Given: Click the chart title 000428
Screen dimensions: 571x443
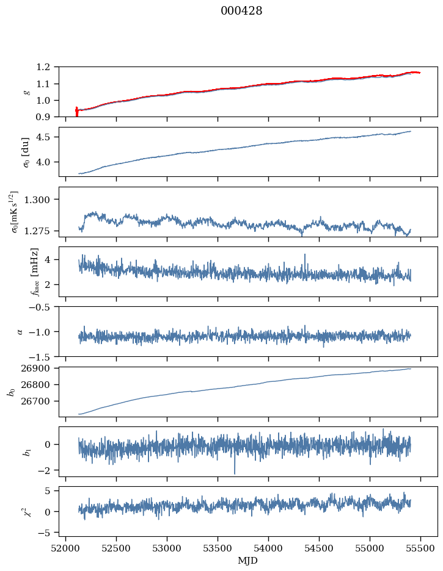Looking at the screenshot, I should (241, 11).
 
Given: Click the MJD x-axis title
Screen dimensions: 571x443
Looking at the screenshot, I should (248, 560).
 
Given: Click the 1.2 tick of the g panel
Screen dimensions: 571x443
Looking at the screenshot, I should (48, 67).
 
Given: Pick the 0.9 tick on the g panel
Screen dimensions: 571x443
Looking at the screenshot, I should (48, 117).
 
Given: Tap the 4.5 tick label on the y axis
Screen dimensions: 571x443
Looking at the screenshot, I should (48, 137).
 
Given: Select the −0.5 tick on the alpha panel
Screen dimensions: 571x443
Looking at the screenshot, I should (43, 307).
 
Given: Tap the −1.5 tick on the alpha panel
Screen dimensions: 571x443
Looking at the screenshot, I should (43, 356).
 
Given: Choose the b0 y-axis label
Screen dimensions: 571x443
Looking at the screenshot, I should (11, 391).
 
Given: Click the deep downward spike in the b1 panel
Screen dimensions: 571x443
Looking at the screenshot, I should (235, 473).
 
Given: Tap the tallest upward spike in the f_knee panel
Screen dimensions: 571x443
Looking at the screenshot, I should (304, 254).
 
